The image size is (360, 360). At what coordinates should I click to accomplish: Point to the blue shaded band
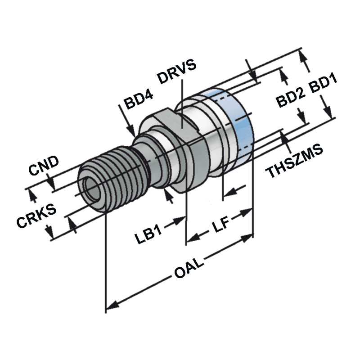(238, 121)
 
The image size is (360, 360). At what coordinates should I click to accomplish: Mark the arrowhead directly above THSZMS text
(284, 137)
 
